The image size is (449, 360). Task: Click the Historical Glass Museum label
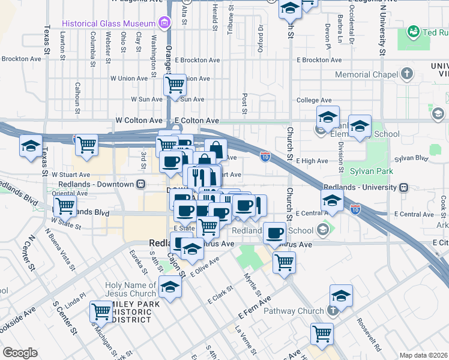[108, 23]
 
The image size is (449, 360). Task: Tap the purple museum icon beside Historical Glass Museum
[163, 23]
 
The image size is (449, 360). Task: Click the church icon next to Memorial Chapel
[408, 74]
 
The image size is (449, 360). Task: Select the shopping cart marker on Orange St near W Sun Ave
[175, 85]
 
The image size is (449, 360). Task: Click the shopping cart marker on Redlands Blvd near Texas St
[65, 206]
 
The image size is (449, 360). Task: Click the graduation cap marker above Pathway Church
[341, 296]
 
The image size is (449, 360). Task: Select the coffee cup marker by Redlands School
[275, 233]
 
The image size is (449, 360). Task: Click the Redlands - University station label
[361, 187]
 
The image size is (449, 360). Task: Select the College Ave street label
[314, 100]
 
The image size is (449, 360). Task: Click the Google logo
[20, 353]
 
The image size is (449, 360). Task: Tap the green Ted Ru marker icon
[413, 31]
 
